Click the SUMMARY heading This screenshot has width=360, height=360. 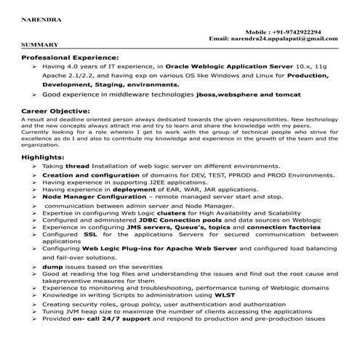[35, 46]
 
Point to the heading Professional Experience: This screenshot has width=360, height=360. [70, 57]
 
